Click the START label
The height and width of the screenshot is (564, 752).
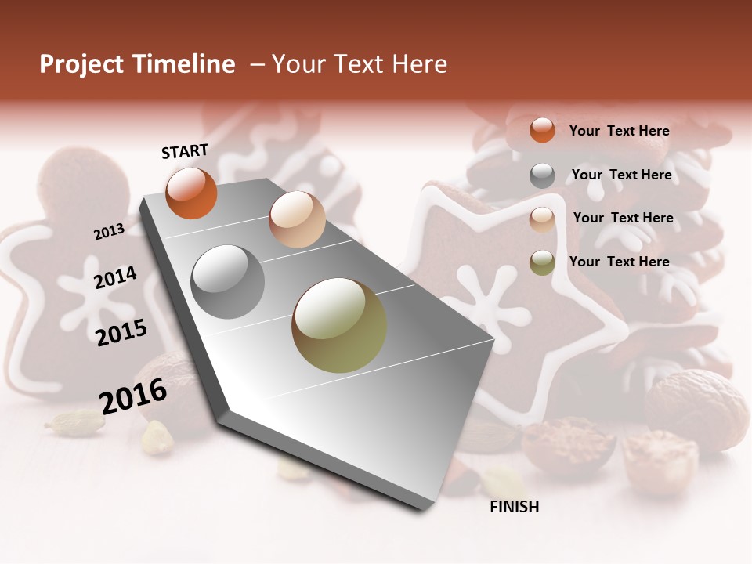pyautogui.click(x=185, y=151)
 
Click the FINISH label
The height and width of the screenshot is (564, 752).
pyautogui.click(x=514, y=507)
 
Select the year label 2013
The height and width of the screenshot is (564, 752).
pyautogui.click(x=109, y=232)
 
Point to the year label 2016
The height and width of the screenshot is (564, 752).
pyautogui.click(x=133, y=396)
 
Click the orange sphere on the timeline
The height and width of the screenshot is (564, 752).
pyautogui.click(x=191, y=193)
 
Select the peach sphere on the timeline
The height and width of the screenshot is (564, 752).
pyautogui.click(x=297, y=219)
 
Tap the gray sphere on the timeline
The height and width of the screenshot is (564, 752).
pyautogui.click(x=228, y=282)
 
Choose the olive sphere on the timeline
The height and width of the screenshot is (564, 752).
pyautogui.click(x=339, y=325)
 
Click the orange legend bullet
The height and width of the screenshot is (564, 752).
pyautogui.click(x=542, y=130)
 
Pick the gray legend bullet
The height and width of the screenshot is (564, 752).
pyautogui.click(x=542, y=175)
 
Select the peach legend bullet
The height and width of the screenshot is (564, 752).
pyautogui.click(x=542, y=219)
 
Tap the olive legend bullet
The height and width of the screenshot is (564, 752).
pyautogui.click(x=542, y=262)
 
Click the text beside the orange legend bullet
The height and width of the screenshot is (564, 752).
pyautogui.click(x=619, y=131)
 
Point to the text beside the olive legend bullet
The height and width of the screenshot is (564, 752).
pyautogui.click(x=619, y=262)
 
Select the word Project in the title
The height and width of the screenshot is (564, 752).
pyautogui.click(x=81, y=64)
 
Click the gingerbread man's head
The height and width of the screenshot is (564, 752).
pyautogui.click(x=84, y=185)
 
